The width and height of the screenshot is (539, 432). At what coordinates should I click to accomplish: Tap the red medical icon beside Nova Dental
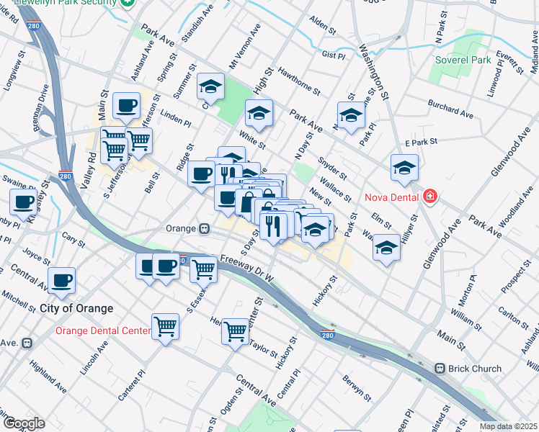tap(430, 196)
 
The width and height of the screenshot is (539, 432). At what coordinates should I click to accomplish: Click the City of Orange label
tap(76, 308)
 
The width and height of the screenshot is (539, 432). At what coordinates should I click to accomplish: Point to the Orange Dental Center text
tap(103, 331)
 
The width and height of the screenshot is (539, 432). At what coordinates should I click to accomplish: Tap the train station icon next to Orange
tap(205, 228)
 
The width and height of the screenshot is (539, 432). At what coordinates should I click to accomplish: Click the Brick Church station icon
tap(440, 369)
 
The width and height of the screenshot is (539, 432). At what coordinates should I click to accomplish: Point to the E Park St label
tap(421, 143)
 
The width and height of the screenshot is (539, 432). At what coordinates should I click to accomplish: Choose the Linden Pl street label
tap(175, 117)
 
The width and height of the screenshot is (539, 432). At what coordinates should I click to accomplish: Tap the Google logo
tap(24, 423)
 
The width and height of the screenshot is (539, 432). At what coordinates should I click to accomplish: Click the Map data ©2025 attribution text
tap(507, 426)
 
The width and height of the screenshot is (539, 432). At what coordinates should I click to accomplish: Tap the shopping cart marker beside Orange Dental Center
tap(165, 328)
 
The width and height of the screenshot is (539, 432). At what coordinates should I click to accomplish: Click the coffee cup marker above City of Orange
tap(61, 280)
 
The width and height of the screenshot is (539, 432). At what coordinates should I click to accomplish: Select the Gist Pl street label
tap(334, 55)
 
